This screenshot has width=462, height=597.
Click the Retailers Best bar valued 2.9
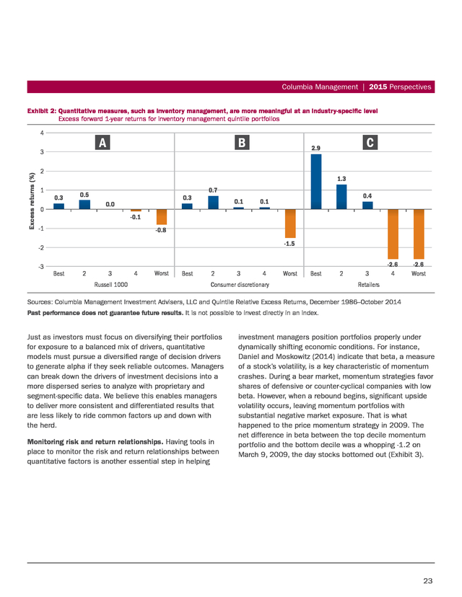[316, 182]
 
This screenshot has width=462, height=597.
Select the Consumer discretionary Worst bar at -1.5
[290, 224]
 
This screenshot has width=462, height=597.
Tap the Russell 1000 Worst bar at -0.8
[162, 216]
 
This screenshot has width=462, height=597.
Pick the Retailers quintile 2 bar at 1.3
[341, 197]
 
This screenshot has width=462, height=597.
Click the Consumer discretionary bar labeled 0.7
[213, 203]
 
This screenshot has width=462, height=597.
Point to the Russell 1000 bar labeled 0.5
[84, 205]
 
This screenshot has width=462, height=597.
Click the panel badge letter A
[103, 142]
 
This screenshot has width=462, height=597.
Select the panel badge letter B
[242, 142]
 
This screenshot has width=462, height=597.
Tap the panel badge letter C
[370, 142]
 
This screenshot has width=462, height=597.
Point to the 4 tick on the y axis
[43, 133]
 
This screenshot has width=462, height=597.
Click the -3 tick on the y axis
[41, 267]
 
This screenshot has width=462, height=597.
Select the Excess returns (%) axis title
[32, 200]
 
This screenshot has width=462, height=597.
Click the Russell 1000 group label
[111, 284]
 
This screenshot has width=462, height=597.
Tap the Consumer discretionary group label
[240, 284]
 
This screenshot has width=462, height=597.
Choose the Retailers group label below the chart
[369, 284]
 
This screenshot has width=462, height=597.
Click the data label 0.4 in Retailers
[367, 196]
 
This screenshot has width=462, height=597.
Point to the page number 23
[427, 580]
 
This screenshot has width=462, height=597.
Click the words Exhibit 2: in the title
[42, 111]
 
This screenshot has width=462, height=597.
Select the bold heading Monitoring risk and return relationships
[95, 442]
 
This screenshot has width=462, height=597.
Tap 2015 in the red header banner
[378, 87]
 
